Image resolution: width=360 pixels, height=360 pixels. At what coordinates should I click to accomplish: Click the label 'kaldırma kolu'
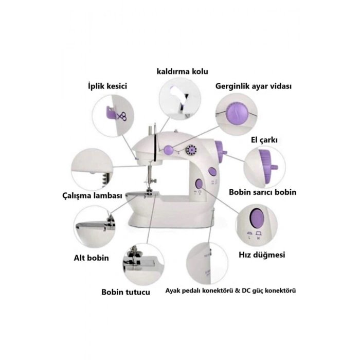[183, 71]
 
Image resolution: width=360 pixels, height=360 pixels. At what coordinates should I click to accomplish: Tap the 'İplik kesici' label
[107, 86]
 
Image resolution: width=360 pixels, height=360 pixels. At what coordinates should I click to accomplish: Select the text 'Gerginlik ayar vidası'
[254, 86]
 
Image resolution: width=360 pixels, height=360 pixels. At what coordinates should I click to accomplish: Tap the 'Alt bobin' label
[91, 258]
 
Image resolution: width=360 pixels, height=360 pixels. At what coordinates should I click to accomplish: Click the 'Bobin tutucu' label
[126, 292]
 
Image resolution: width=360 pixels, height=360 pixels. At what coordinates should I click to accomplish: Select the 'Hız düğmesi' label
[262, 255]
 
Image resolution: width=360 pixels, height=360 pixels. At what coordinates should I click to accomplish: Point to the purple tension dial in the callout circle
[235, 114]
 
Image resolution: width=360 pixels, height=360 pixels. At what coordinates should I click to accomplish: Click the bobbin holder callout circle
[143, 264]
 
